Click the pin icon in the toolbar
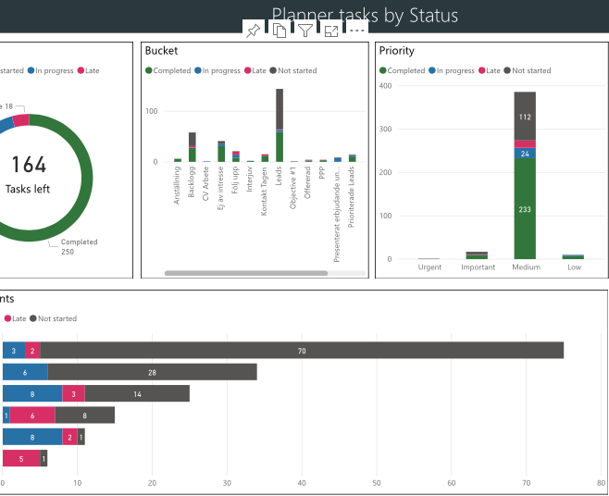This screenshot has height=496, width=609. click(253, 31)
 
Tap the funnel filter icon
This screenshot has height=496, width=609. click(304, 31)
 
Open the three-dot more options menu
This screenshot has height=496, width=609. click(357, 31)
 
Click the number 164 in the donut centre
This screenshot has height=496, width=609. click(29, 165)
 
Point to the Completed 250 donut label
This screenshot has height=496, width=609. click(80, 247)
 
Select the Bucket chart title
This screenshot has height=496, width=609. click(162, 51)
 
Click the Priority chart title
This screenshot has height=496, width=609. click(397, 51)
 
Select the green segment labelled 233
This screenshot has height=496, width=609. click(525, 209)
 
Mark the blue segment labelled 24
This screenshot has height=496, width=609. click(525, 154)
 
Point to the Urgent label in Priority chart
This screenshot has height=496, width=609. click(429, 267)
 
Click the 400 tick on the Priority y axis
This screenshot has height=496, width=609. click(385, 86)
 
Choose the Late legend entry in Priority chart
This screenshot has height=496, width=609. click(488, 70)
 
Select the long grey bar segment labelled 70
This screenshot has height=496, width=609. click(302, 350)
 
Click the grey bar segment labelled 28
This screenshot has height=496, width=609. click(152, 372)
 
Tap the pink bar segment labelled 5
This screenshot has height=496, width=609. click(21, 458)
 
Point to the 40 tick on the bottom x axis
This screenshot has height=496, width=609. click(302, 482)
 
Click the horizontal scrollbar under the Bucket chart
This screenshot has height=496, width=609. click(246, 273)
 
